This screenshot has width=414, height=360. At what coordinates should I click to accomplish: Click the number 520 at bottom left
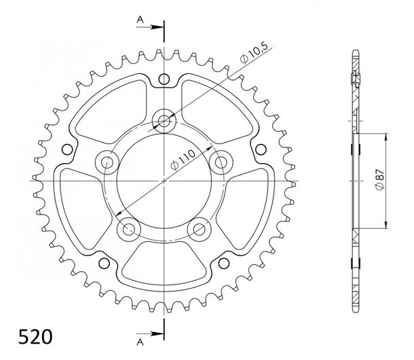(35, 337)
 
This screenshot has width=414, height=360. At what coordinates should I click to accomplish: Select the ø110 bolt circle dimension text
(183, 160)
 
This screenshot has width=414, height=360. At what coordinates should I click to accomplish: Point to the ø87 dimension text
(379, 180)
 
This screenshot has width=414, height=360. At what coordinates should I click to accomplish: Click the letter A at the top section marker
(140, 20)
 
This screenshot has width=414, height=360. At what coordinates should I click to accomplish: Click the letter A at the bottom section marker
(140, 342)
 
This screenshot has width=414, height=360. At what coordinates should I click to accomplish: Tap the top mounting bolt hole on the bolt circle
(164, 121)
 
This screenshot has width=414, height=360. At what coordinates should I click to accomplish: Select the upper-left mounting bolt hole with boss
(107, 162)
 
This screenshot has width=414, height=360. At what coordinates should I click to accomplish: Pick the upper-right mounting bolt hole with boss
(221, 162)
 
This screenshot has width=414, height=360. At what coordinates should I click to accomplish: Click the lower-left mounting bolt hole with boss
(128, 229)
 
